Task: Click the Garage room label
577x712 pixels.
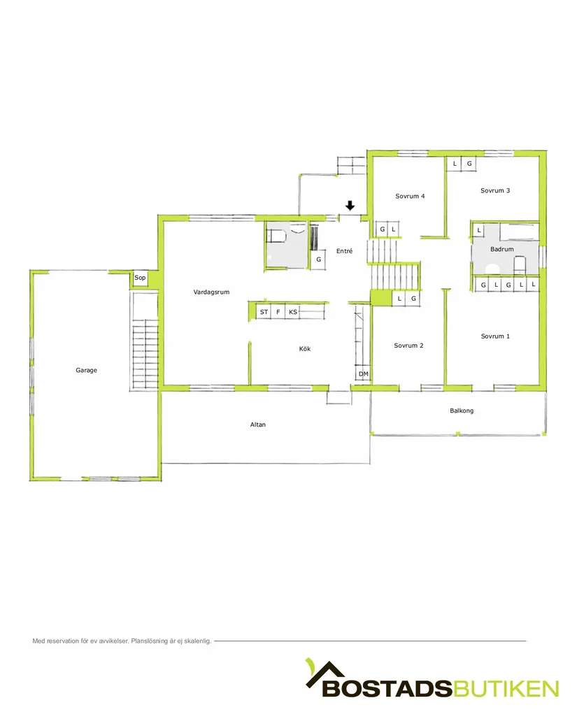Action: pos(86,370)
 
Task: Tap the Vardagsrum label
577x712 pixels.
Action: pos(211,292)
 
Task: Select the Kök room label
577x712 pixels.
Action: pos(304,348)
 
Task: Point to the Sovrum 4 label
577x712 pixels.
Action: pos(410,196)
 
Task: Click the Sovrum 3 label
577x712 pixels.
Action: pos(494,190)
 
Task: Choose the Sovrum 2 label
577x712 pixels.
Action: pos(408,346)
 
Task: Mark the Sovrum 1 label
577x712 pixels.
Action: pos(494,336)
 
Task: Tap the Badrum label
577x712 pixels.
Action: pos(501,249)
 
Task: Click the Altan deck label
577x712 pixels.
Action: pos(258,425)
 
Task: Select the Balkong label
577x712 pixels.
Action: pos(462,411)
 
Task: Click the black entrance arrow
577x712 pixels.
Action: pos(350,206)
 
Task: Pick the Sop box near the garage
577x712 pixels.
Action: pos(140,278)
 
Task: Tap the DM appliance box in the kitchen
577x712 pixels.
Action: pos(363,375)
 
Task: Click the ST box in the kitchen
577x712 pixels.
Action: pos(264,312)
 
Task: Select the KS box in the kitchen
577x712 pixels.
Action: pos(293,312)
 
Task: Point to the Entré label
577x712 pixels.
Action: pos(344,250)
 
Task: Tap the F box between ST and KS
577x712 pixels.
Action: pos(278,312)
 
